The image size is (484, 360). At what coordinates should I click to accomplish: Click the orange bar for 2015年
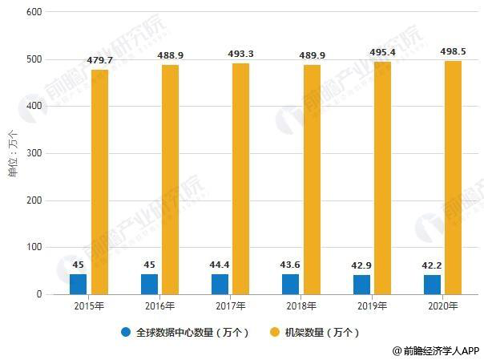coord(99,182)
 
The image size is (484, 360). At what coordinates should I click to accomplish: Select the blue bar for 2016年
coord(149,284)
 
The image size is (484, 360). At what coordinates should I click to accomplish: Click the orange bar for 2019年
coord(382,178)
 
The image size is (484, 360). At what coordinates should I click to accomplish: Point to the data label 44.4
coord(220,265)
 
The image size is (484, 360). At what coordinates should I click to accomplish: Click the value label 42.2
coord(432,265)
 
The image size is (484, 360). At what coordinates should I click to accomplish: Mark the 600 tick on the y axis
coord(34,12)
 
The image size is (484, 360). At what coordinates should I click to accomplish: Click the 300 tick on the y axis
coord(34,153)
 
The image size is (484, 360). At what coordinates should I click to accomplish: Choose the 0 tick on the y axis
coord(38,294)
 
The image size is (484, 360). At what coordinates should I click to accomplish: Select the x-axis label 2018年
coord(302,306)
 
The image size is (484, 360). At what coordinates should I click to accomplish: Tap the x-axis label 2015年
coord(90,306)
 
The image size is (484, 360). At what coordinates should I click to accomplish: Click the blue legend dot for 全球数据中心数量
coord(127,331)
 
